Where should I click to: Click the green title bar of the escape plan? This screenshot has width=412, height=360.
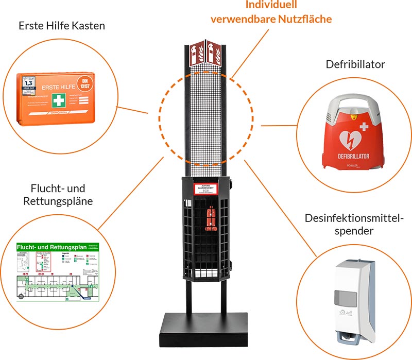pyautogui.click(x=51, y=248)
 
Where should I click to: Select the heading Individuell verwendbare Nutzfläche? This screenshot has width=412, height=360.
pyautogui.click(x=271, y=12)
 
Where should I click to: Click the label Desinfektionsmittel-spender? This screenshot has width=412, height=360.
pyautogui.click(x=354, y=225)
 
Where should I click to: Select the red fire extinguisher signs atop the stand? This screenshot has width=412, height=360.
pyautogui.click(x=205, y=53)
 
